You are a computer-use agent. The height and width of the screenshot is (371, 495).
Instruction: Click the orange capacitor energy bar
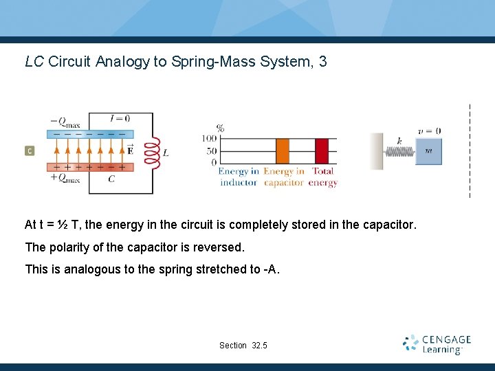(x=283, y=150)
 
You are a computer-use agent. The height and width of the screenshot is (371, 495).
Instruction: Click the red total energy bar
(x=322, y=150)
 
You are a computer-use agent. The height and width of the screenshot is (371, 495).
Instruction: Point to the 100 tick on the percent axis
(x=208, y=139)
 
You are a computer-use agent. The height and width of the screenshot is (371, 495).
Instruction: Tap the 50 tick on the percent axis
(x=211, y=150)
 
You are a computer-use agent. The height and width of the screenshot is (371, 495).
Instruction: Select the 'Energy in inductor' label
(x=239, y=177)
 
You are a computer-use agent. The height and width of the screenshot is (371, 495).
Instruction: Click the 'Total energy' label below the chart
(x=322, y=177)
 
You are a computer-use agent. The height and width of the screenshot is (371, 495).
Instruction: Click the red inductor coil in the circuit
(x=151, y=151)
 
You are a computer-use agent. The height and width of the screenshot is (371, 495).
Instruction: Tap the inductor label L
(x=166, y=152)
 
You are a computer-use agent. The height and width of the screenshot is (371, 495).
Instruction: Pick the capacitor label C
(x=111, y=179)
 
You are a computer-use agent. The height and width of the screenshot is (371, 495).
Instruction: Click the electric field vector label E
(x=130, y=149)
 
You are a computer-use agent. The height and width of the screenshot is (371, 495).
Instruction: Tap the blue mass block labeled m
(x=429, y=151)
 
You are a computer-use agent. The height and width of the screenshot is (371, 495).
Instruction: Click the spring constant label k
(x=399, y=141)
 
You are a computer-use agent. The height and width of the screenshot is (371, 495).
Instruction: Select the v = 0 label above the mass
(x=429, y=131)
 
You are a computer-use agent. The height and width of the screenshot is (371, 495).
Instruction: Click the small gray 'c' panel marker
(x=30, y=150)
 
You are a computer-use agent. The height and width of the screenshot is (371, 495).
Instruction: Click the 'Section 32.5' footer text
(x=243, y=345)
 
